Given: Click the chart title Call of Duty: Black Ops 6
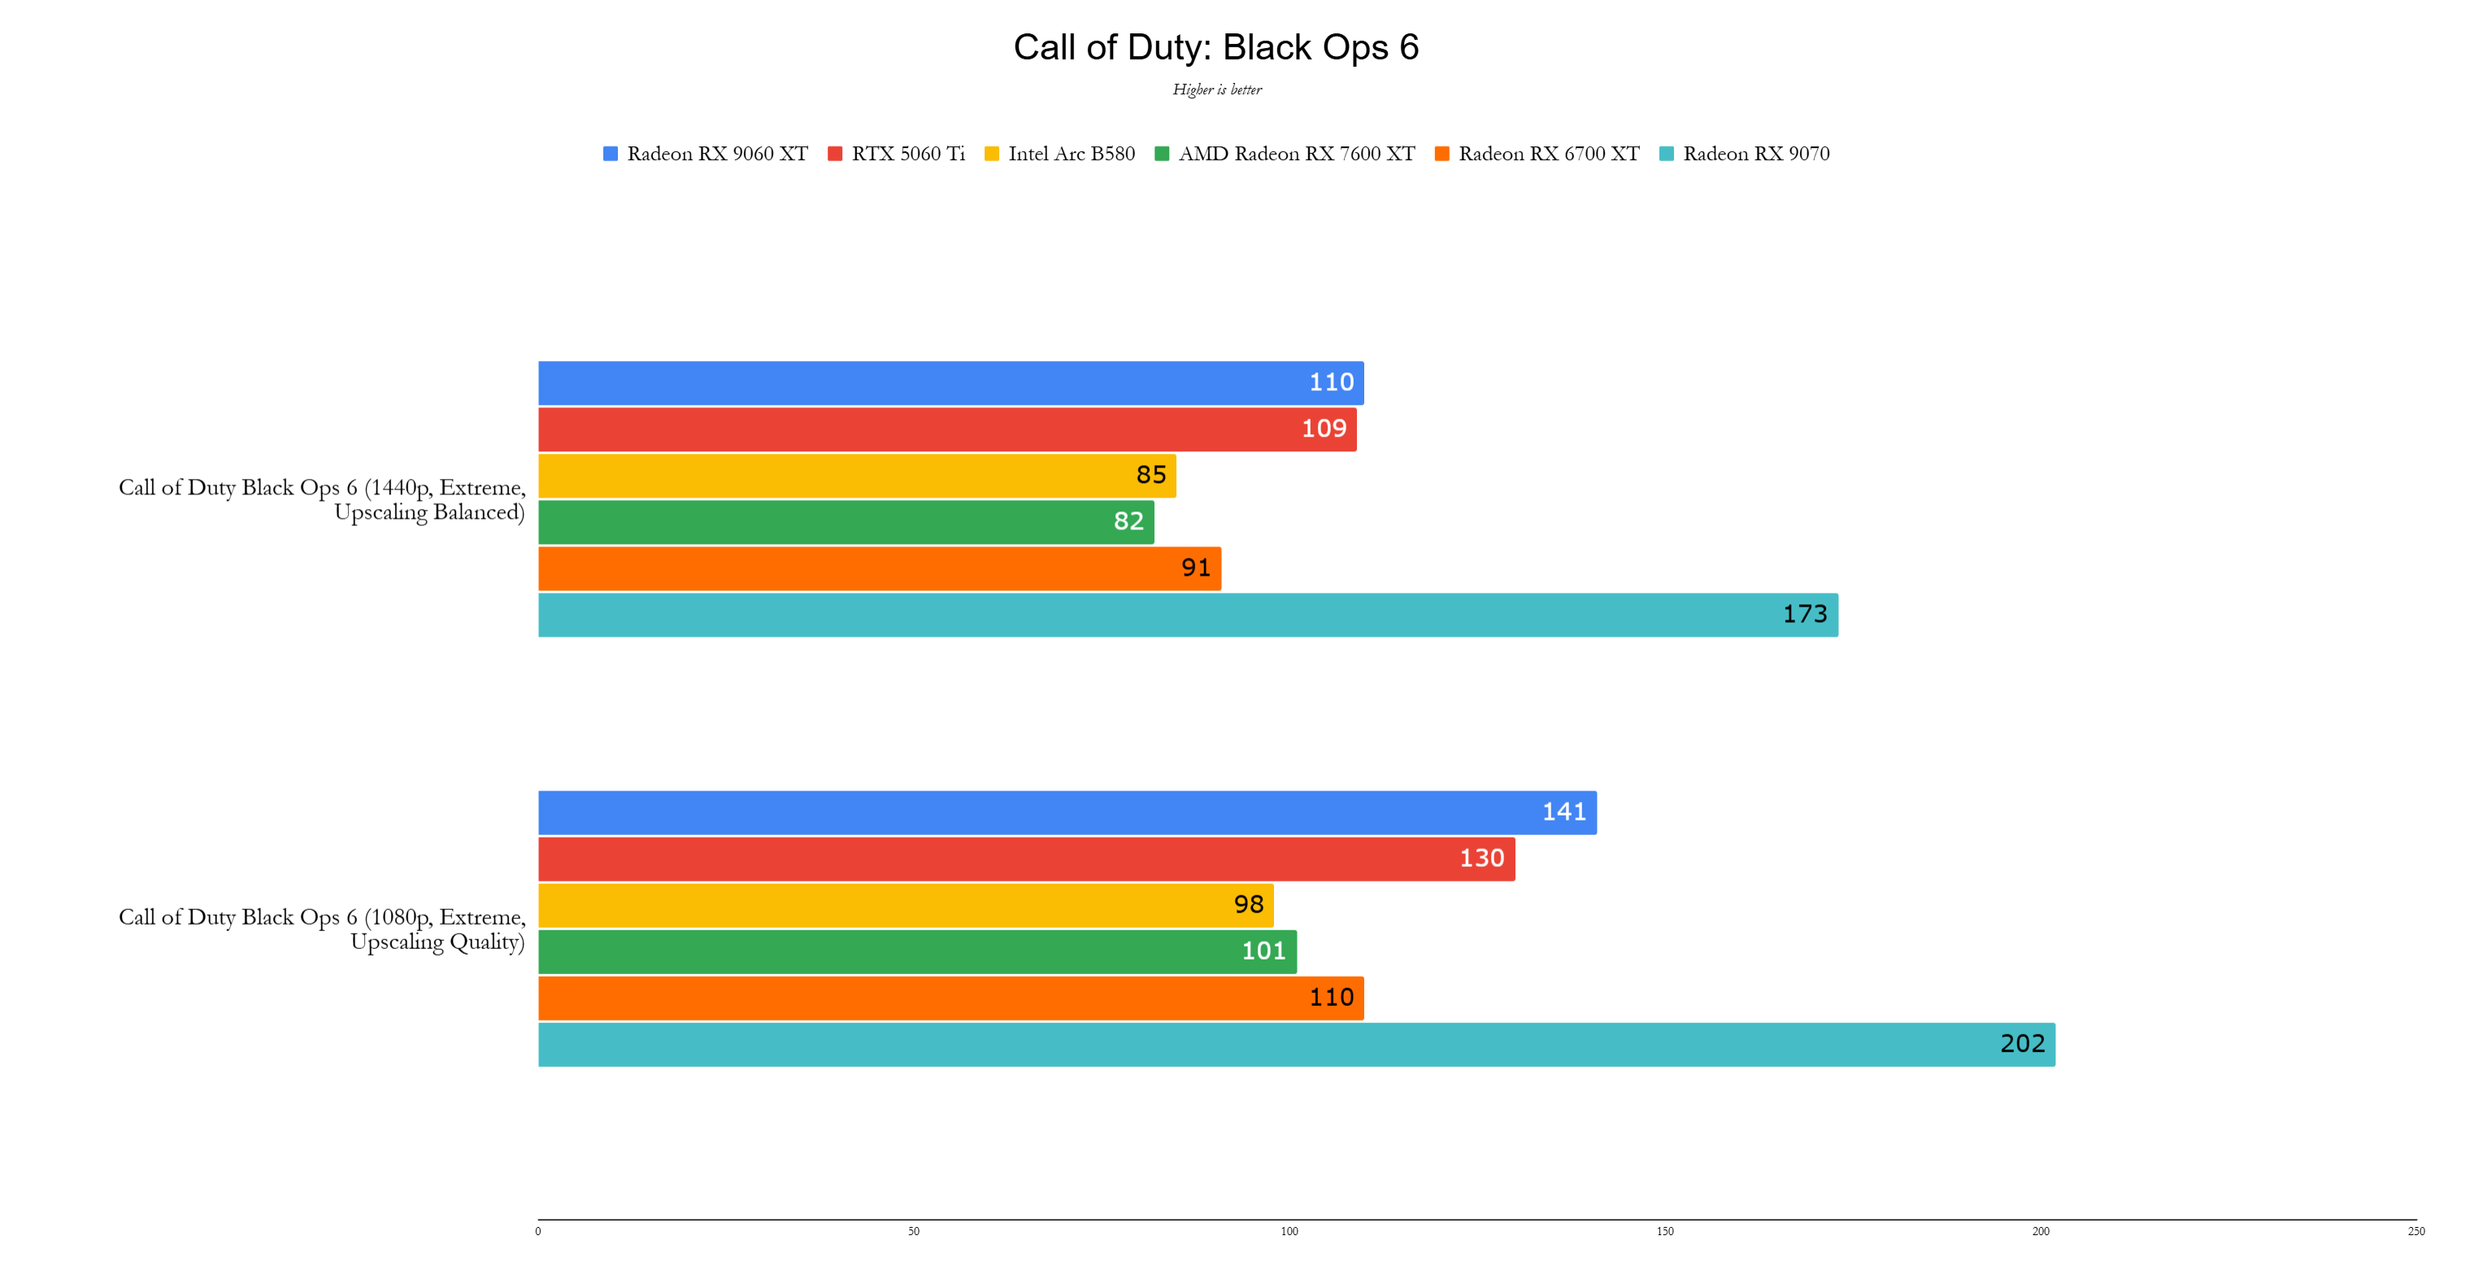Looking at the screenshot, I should click(x=1216, y=47).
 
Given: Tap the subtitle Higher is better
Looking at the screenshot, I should click(x=1217, y=89).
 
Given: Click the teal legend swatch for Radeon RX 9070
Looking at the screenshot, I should click(x=1667, y=154).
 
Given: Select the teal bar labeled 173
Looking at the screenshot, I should click(x=1187, y=615).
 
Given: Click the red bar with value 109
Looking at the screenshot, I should click(x=946, y=429).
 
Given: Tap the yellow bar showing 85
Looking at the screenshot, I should click(x=857, y=476).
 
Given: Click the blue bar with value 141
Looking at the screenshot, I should click(x=1066, y=812).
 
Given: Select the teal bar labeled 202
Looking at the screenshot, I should click(x=1296, y=1045).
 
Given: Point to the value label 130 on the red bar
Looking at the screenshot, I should click(x=1481, y=859).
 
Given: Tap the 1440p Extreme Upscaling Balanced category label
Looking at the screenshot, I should click(x=323, y=499).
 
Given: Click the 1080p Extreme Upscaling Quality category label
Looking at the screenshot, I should click(x=323, y=929).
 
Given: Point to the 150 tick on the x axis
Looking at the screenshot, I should click(x=1664, y=1231).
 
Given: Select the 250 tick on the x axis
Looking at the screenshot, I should click(x=2415, y=1231).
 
